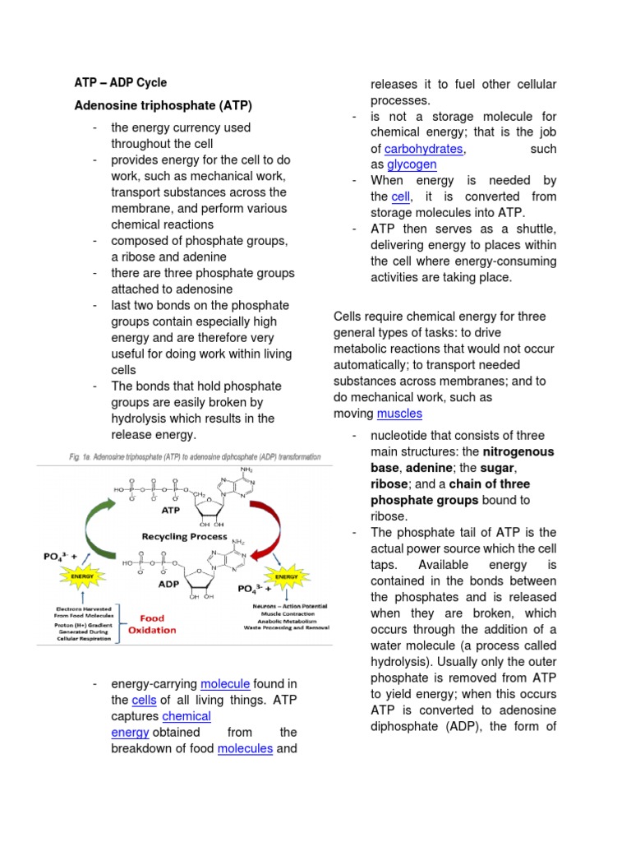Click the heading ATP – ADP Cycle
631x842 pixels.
pos(121,83)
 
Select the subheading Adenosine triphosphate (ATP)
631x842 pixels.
pos(164,106)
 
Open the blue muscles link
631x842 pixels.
pos(399,413)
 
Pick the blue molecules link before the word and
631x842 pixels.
pos(245,748)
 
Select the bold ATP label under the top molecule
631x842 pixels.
pos(170,510)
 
